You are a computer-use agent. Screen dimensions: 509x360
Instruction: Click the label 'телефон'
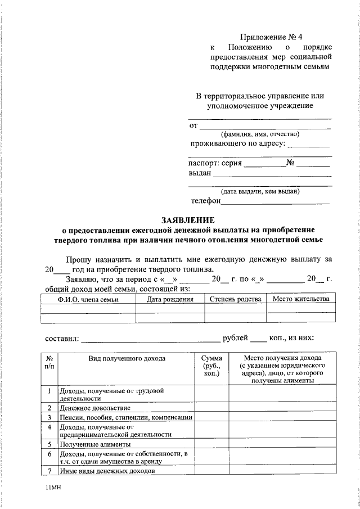[x=205, y=200]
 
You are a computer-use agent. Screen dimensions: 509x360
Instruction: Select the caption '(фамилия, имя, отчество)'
[x=260, y=134]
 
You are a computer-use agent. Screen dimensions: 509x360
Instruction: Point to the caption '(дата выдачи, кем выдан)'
[x=260, y=191]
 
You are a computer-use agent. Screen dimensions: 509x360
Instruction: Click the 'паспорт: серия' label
[x=215, y=163]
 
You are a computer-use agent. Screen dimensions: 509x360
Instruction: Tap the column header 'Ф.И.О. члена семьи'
[x=88, y=299]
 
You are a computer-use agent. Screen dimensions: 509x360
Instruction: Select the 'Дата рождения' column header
[x=170, y=299]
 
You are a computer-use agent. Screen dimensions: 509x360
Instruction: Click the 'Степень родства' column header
[x=235, y=299]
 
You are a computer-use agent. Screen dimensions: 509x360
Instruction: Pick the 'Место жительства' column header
[x=301, y=299]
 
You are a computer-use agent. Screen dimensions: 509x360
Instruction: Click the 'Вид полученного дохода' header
[x=127, y=358]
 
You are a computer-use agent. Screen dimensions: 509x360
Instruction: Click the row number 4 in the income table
[x=50, y=426]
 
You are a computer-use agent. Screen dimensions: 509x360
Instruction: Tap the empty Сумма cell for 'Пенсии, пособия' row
[x=211, y=417]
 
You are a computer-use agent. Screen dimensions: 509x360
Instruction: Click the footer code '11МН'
[x=53, y=489]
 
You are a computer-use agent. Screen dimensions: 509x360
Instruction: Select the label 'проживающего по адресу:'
[x=238, y=144]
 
